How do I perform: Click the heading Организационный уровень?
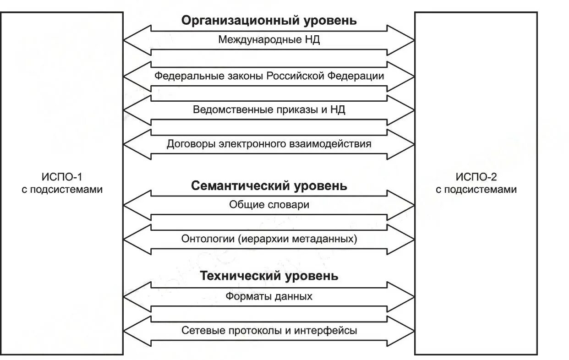pos(269,21)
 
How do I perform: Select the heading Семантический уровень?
pos(269,186)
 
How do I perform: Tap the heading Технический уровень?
pos(269,276)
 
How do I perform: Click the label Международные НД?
pos(269,40)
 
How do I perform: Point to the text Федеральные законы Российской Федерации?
pos(269,76)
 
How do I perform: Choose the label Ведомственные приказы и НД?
pos(269,110)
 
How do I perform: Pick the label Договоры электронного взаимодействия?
pos(269,144)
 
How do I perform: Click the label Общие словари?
pos(269,205)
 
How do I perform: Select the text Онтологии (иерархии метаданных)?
pos(269,239)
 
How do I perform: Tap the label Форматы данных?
pos(269,296)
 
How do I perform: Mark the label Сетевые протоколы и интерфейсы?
pos(269,330)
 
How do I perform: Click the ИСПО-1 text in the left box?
pos(62,176)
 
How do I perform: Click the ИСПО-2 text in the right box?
pos(476,176)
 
